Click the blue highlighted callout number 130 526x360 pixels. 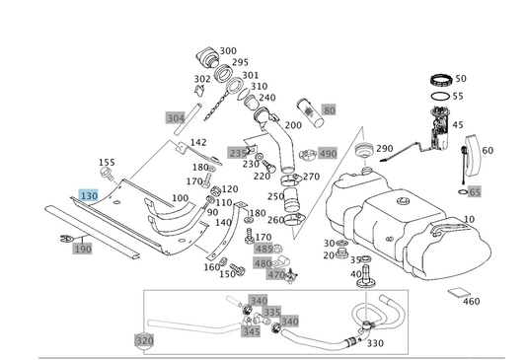tap(89, 195)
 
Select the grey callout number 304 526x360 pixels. tap(176, 118)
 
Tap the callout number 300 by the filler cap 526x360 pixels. tap(228, 51)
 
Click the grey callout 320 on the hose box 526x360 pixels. tap(145, 341)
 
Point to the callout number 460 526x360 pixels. tap(472, 302)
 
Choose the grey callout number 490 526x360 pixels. tap(328, 154)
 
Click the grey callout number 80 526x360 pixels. tap(329, 109)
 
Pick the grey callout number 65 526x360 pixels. tap(475, 192)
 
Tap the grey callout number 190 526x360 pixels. tap(83, 249)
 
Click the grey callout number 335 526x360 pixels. tap(271, 312)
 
